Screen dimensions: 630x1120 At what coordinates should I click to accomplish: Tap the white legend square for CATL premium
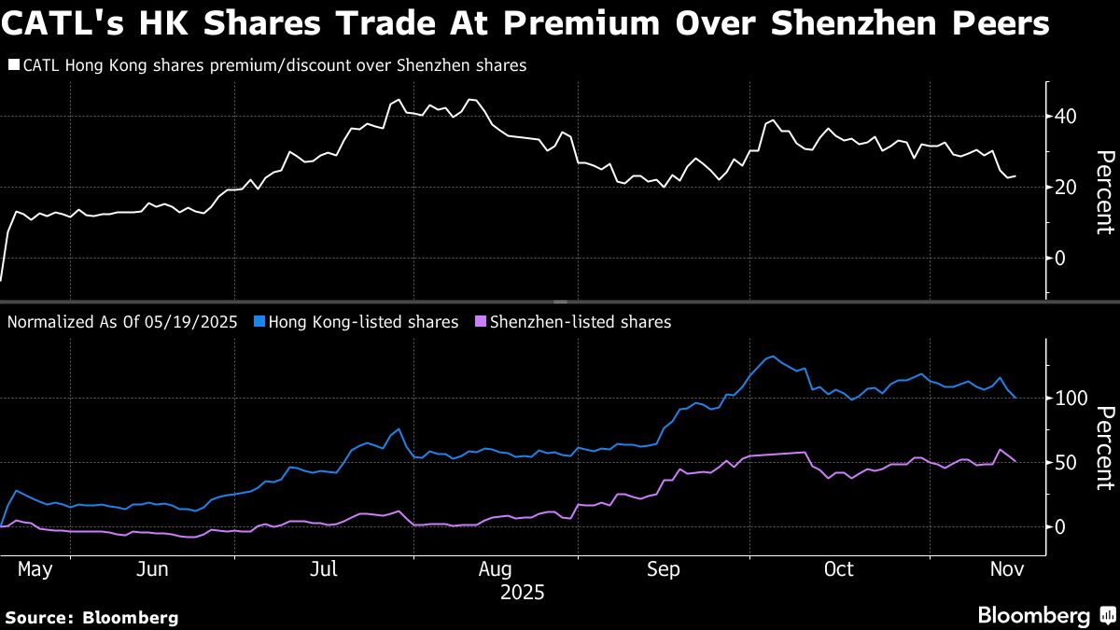13,66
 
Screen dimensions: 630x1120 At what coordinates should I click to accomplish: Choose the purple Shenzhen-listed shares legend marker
480,322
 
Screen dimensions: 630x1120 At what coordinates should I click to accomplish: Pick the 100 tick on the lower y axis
1071,399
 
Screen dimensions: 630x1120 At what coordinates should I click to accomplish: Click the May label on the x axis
35,569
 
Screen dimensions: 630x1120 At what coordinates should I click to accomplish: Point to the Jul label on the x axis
324,569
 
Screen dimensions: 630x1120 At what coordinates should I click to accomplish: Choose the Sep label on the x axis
663,569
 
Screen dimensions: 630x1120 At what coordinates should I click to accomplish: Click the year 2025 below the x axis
523,593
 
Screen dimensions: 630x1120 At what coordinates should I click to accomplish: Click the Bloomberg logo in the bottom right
1045,616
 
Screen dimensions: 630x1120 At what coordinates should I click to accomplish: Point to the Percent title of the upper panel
1104,191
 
